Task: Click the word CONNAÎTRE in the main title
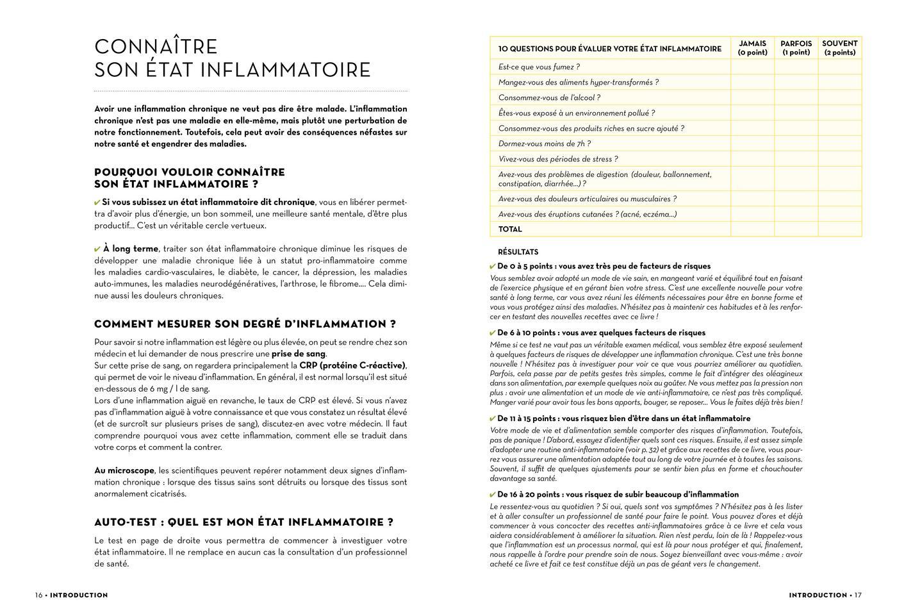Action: [x=156, y=47]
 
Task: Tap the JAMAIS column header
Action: [x=752, y=48]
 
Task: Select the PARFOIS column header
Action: [x=796, y=48]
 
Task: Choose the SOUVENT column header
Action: [x=839, y=48]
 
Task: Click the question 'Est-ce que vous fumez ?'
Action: [x=539, y=67]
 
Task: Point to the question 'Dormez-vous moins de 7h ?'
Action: [x=545, y=144]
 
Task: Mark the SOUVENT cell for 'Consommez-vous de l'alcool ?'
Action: [x=839, y=97]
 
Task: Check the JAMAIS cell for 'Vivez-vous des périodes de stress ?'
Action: [x=752, y=159]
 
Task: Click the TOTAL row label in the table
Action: [x=510, y=229]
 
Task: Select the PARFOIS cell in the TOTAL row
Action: [x=796, y=229]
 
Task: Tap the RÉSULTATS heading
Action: [x=518, y=252]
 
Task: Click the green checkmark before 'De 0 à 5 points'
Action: [x=493, y=267]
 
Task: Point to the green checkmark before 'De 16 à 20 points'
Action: [x=493, y=495]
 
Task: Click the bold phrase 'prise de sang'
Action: [x=299, y=354]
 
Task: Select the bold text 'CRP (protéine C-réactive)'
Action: [x=352, y=365]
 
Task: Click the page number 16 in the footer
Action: [x=38, y=595]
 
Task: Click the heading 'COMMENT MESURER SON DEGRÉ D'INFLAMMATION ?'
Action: [x=245, y=324]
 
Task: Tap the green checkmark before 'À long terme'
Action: [x=97, y=249]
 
